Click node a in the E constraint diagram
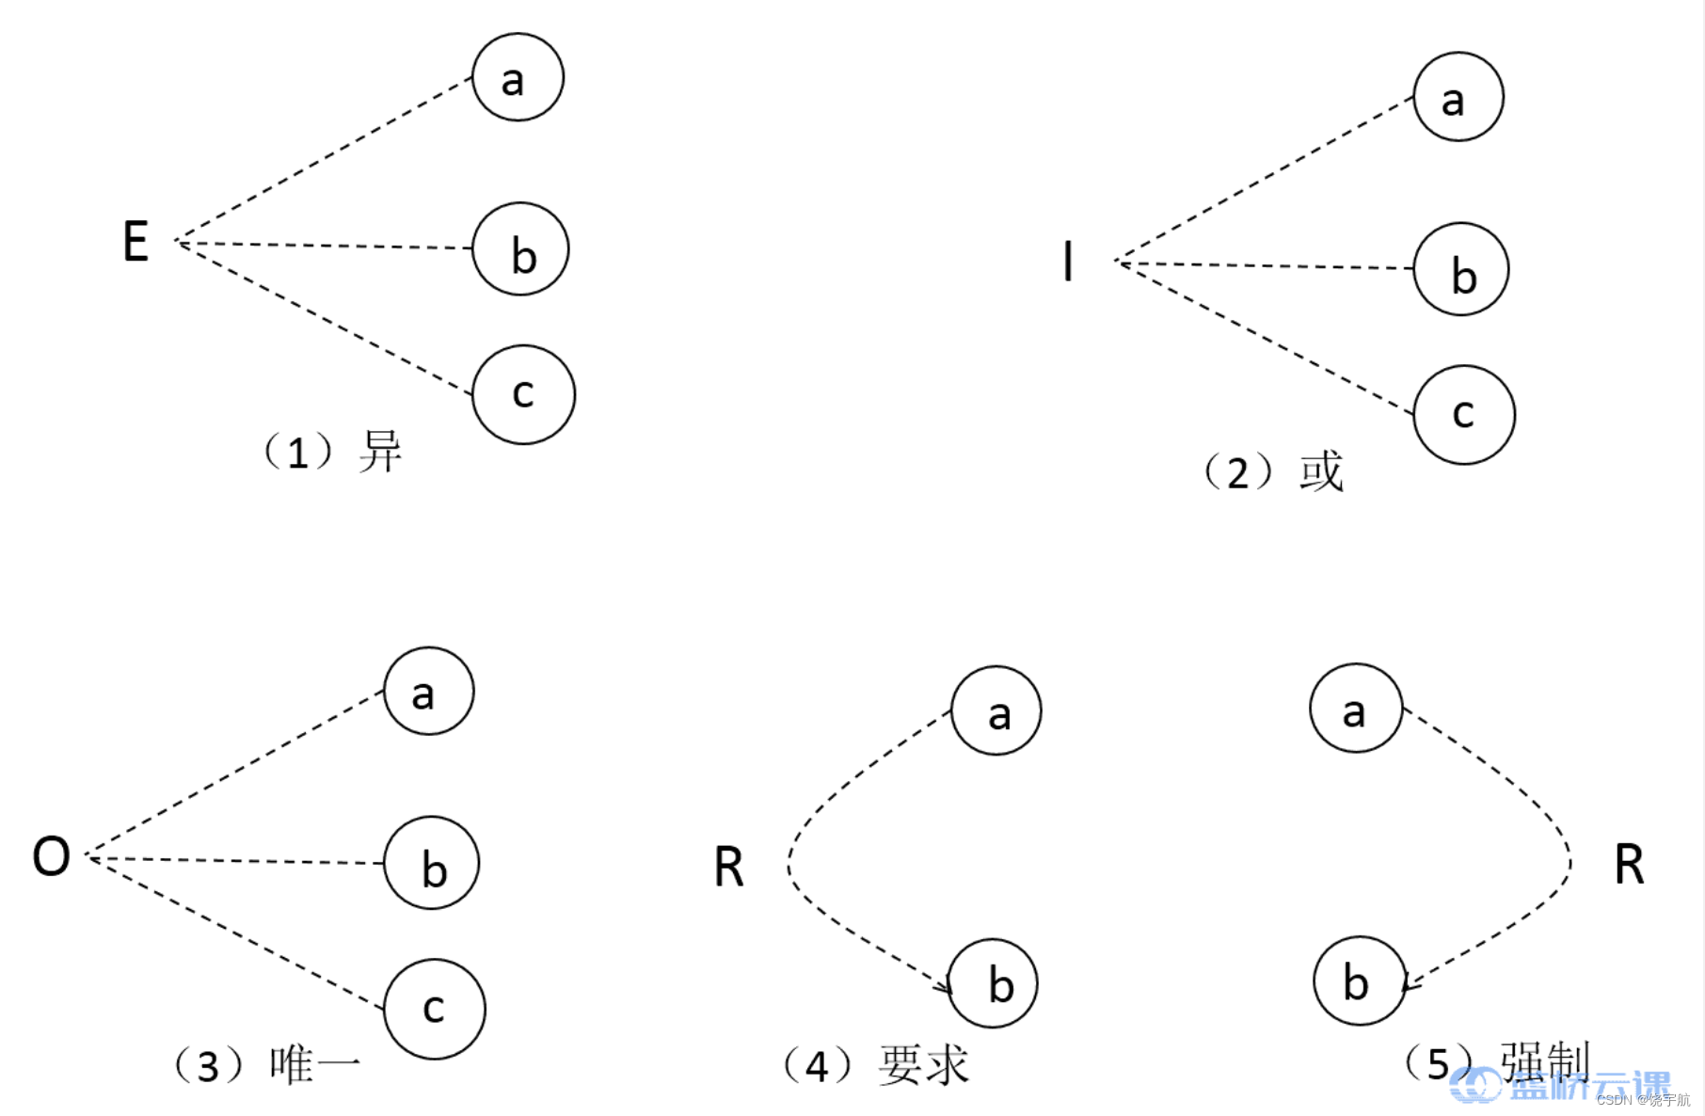pos(518,77)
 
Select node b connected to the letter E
pos(520,249)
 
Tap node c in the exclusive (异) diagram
pos(523,394)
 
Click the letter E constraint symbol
pos(135,241)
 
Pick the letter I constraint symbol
pos(1067,262)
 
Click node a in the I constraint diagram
pos(1458,97)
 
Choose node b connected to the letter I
pos(1461,269)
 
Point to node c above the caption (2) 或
pos(1464,414)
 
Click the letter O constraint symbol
pos(51,856)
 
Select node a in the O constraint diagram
pos(428,691)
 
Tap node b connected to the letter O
pos(432,863)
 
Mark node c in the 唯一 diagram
pos(435,1009)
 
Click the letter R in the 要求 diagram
pos(729,867)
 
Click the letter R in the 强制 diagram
pos(1629,865)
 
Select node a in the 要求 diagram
pos(996,711)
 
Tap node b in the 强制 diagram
pos(1359,980)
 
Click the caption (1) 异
pos(332,452)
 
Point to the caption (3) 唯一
pos(267,1065)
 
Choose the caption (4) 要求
pos(875,1065)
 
